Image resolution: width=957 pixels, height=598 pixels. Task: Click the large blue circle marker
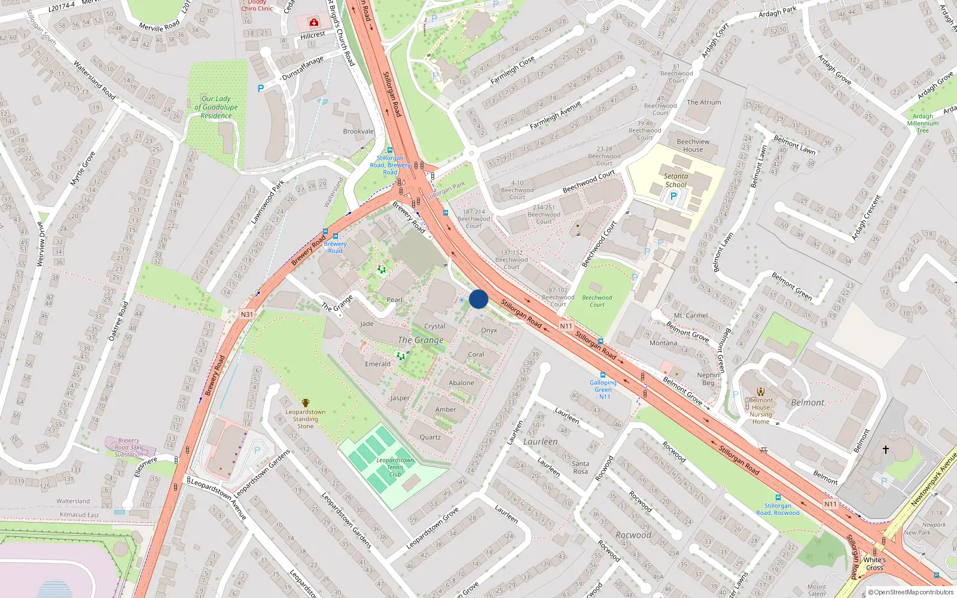[478, 299]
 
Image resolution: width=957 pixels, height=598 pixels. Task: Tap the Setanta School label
[676, 181]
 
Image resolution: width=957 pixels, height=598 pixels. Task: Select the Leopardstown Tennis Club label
[395, 467]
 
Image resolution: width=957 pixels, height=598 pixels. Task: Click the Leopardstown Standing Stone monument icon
[306, 403]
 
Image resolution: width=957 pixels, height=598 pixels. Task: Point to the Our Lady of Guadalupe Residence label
[216, 107]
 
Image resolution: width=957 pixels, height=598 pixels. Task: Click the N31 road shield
[247, 314]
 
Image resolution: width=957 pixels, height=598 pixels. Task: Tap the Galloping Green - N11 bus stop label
[603, 389]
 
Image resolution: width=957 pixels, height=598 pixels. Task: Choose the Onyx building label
[489, 330]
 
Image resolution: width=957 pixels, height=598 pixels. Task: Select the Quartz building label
[430, 437]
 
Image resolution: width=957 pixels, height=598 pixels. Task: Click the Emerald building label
[377, 364]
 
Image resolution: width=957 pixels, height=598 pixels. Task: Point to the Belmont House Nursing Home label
[761, 411]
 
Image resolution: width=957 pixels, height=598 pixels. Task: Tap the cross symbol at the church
[886, 449]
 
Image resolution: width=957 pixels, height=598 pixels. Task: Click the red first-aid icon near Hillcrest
[314, 23]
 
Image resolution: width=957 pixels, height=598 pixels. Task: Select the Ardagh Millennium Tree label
[923, 123]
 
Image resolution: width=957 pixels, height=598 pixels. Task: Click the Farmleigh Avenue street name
[554, 115]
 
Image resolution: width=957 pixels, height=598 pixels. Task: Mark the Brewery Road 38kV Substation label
[129, 447]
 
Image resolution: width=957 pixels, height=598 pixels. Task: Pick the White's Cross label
[874, 564]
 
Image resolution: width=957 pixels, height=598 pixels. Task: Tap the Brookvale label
[358, 132]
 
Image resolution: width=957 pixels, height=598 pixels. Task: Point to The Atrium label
[704, 102]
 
